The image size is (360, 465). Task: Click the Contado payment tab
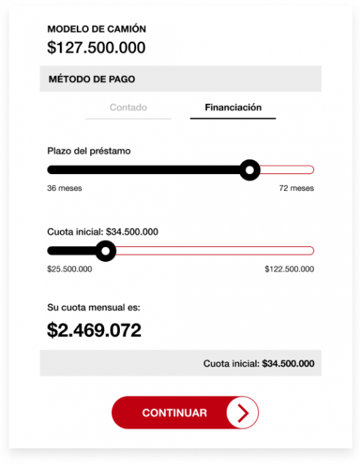point(128,107)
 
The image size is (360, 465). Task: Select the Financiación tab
point(233,107)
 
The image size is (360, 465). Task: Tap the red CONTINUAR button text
point(174,413)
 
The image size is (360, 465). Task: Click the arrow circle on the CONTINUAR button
point(242,413)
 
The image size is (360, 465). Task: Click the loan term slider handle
point(250,170)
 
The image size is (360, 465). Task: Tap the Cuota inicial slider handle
point(107,252)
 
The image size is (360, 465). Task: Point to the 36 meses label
point(64,188)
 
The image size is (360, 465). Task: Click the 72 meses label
point(296,188)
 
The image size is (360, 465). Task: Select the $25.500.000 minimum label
point(70,269)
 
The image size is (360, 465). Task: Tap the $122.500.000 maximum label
point(289,269)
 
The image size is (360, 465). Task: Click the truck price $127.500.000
point(96,48)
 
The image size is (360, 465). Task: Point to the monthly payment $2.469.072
point(94,330)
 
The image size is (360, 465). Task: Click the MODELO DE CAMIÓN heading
point(97,29)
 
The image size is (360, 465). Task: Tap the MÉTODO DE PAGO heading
point(91,79)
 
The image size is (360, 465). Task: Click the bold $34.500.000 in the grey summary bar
point(288,363)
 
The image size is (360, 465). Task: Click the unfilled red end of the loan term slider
point(287,170)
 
